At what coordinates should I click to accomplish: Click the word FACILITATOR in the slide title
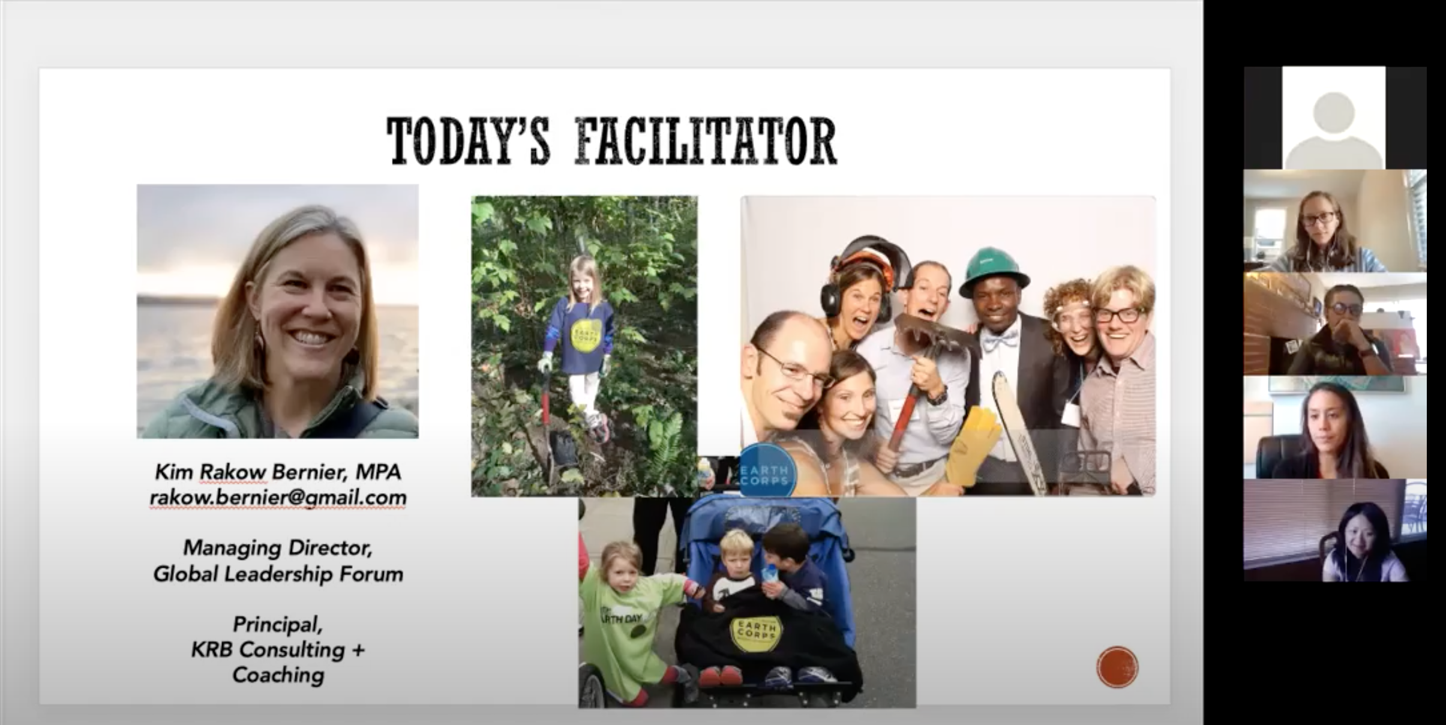click(x=706, y=142)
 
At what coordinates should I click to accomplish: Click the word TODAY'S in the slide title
click(x=468, y=142)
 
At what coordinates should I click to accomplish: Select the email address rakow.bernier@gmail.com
click(x=278, y=498)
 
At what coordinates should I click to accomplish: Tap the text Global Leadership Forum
click(x=278, y=574)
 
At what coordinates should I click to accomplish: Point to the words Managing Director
click(x=278, y=548)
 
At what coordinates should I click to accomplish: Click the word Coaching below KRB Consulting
click(x=278, y=675)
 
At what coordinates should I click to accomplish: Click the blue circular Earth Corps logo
click(x=768, y=471)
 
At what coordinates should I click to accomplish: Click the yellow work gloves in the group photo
click(x=973, y=445)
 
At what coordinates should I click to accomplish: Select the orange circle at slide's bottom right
click(x=1117, y=667)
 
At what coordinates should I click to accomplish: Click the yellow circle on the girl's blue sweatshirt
click(x=584, y=334)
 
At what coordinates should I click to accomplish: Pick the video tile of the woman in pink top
click(x=1335, y=531)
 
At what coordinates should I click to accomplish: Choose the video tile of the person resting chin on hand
click(x=1335, y=324)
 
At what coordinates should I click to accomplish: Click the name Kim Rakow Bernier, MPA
click(x=278, y=472)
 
